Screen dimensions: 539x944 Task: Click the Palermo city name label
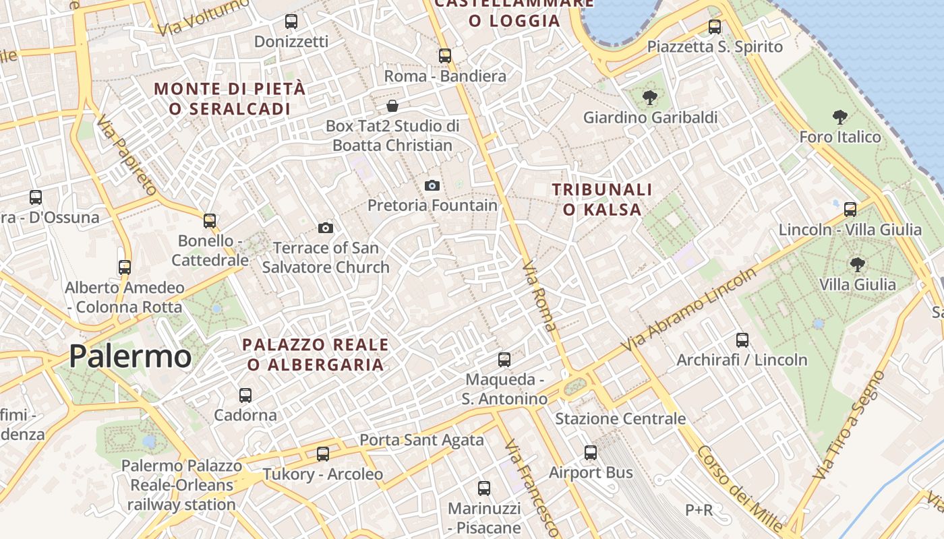click(x=130, y=356)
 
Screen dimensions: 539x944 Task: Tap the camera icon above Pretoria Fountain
click(x=432, y=185)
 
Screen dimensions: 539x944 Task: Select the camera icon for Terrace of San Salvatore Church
click(x=326, y=228)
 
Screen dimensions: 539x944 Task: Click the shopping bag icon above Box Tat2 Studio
click(x=392, y=106)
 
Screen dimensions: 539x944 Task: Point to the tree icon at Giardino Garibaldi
click(x=650, y=98)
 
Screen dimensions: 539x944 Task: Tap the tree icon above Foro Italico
click(x=840, y=118)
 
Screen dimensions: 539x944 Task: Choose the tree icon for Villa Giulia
click(x=857, y=264)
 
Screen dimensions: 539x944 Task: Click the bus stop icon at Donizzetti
click(x=291, y=22)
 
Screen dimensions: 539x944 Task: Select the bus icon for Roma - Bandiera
click(x=445, y=56)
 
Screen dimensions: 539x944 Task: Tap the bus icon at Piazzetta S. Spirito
click(x=715, y=27)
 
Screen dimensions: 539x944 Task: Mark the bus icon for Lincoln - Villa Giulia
click(x=850, y=210)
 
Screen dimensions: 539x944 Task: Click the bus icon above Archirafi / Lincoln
click(x=742, y=340)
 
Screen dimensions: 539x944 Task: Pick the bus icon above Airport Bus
click(x=591, y=453)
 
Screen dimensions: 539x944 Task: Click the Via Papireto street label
click(x=126, y=156)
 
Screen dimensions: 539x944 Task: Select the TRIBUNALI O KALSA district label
click(x=602, y=199)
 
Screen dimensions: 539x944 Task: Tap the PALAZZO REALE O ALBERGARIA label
click(x=316, y=355)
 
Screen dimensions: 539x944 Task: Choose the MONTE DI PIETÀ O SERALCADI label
click(x=229, y=98)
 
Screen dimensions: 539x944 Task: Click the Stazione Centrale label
click(x=620, y=419)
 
